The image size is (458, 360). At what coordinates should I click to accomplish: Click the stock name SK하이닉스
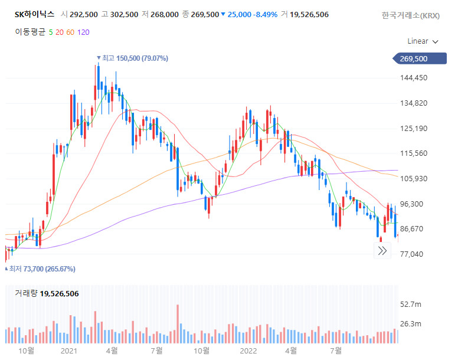[x=34, y=14]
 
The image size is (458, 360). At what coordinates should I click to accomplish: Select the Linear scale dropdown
[x=423, y=41]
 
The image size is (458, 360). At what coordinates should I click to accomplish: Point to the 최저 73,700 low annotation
[x=42, y=269]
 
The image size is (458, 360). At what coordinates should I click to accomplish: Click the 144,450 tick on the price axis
[x=413, y=78]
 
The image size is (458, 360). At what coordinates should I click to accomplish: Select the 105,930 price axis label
[x=413, y=179]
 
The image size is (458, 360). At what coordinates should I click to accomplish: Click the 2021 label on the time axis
[x=69, y=351]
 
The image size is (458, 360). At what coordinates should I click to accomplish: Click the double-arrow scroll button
[x=382, y=251]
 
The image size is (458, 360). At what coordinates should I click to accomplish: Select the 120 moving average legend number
[x=83, y=32]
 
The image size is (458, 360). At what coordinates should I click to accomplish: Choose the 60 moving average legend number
[x=70, y=32]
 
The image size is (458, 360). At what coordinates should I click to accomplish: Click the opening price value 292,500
[x=84, y=14]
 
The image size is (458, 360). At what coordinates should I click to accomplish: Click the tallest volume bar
[x=177, y=324]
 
